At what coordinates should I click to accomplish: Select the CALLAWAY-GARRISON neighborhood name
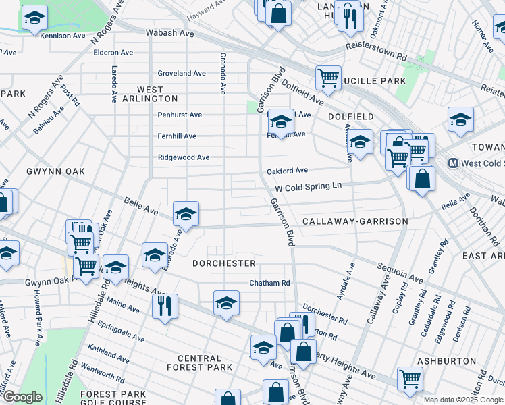pyautogui.click(x=355, y=221)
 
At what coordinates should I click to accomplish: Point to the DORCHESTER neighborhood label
pyautogui.click(x=223, y=263)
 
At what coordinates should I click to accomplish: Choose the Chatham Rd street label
pyautogui.click(x=269, y=283)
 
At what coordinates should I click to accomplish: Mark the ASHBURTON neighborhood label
pyautogui.click(x=442, y=361)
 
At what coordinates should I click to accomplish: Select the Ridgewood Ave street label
pyautogui.click(x=184, y=157)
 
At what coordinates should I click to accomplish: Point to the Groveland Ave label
pyautogui.click(x=182, y=73)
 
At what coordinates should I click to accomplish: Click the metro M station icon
pyautogui.click(x=455, y=163)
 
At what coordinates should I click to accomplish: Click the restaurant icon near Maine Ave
pyautogui.click(x=165, y=304)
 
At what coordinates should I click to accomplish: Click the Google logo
pyautogui.click(x=22, y=397)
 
